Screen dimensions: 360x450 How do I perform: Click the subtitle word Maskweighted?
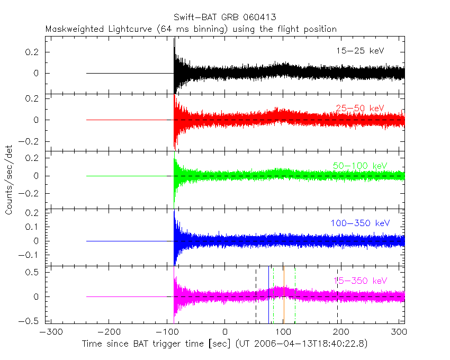71,29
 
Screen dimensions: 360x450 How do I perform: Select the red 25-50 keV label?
360,108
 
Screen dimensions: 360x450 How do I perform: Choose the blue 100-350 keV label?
360,223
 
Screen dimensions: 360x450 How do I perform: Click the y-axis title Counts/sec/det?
10,181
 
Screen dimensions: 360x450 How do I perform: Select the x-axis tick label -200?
109,333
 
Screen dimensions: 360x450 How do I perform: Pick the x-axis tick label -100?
167,333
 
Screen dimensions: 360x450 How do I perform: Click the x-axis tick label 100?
284,333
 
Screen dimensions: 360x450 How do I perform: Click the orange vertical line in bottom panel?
284,296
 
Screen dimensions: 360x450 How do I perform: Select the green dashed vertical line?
273,296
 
